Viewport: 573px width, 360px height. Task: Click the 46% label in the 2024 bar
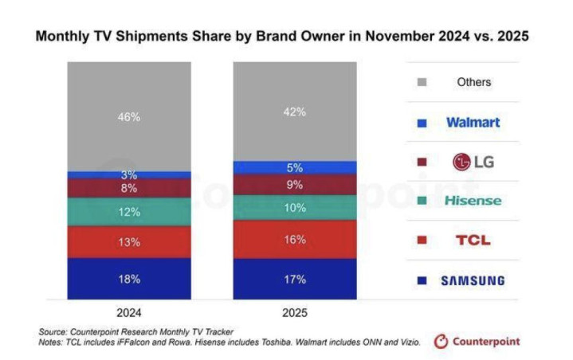(x=130, y=116)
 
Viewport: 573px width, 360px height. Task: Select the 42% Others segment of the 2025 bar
(x=294, y=112)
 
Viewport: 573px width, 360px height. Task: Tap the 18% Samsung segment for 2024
(x=130, y=279)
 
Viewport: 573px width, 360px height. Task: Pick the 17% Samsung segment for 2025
(x=294, y=280)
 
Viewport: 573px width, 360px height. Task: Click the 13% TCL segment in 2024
(x=130, y=241)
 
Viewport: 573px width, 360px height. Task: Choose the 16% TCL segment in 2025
(x=294, y=239)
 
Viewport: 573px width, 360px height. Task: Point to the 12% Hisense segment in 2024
(x=130, y=212)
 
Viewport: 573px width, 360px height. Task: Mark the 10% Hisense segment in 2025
(x=294, y=207)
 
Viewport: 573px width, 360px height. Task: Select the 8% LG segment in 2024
(x=130, y=189)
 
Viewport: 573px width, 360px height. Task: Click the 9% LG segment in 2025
(x=294, y=185)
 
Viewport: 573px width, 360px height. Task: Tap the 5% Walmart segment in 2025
(x=294, y=167)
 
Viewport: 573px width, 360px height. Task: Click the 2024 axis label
(x=129, y=312)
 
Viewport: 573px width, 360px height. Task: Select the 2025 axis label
(x=294, y=312)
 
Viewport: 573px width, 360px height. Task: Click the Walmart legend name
(x=473, y=123)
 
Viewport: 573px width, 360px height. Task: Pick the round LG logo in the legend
(x=460, y=162)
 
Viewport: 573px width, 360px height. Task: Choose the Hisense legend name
(x=473, y=201)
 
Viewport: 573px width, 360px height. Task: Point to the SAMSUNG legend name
(x=473, y=280)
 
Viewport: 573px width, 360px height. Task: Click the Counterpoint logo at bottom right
(x=477, y=342)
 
